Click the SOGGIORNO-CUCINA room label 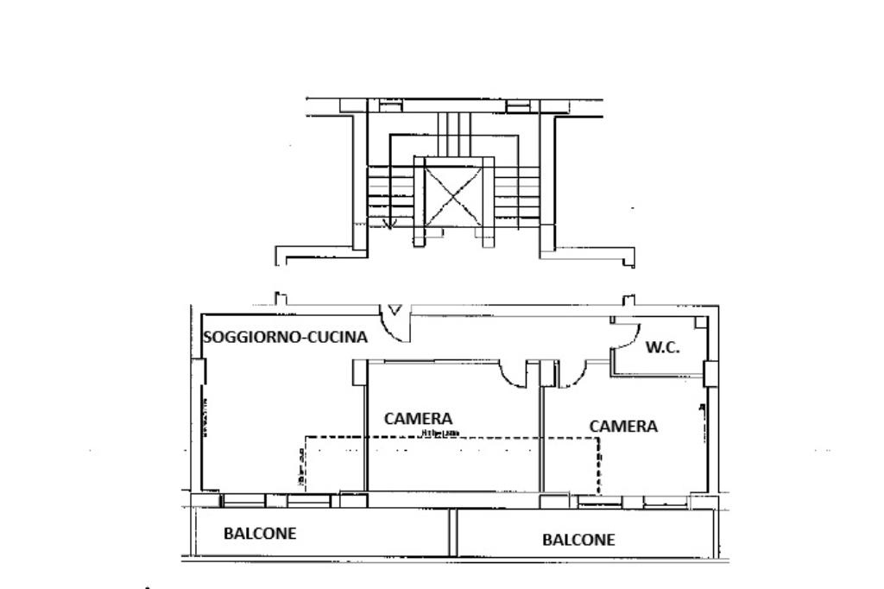coord(286,338)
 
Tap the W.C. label coord(663,348)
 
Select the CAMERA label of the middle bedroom coord(419,419)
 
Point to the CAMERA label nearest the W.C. coord(623,427)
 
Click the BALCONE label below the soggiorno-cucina coord(260,534)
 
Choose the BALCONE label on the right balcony coord(578,541)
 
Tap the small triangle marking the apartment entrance coord(395,308)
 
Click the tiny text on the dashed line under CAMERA coord(440,434)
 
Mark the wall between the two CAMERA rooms coord(542,432)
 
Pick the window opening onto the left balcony coord(276,500)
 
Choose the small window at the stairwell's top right coord(517,106)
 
